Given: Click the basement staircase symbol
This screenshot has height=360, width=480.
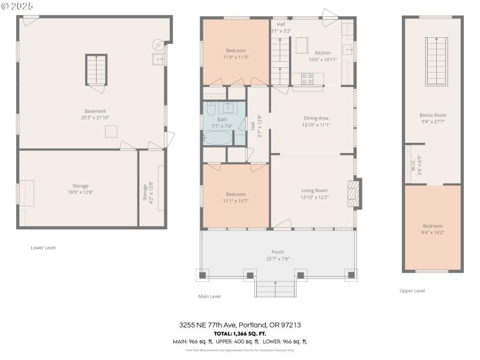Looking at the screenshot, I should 96,70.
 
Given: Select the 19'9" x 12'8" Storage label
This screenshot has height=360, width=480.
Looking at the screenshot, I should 80,189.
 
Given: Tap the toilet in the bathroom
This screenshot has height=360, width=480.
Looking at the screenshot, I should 211,110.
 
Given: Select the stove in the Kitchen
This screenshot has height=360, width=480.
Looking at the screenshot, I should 307,78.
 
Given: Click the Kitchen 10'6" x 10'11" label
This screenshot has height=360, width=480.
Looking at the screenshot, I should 323,56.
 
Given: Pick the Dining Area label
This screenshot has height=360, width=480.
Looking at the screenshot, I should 316,121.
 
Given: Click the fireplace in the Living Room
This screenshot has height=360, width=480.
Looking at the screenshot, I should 355,193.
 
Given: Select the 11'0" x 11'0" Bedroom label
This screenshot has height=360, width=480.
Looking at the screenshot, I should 235,53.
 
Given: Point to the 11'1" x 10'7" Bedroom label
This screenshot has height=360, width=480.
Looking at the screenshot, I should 235,197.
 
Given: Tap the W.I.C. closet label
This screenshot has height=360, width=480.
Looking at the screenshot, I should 413,165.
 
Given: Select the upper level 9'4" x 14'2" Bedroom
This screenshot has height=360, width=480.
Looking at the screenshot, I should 433,229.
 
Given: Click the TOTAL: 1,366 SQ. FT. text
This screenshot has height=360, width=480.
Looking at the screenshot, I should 240,333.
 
